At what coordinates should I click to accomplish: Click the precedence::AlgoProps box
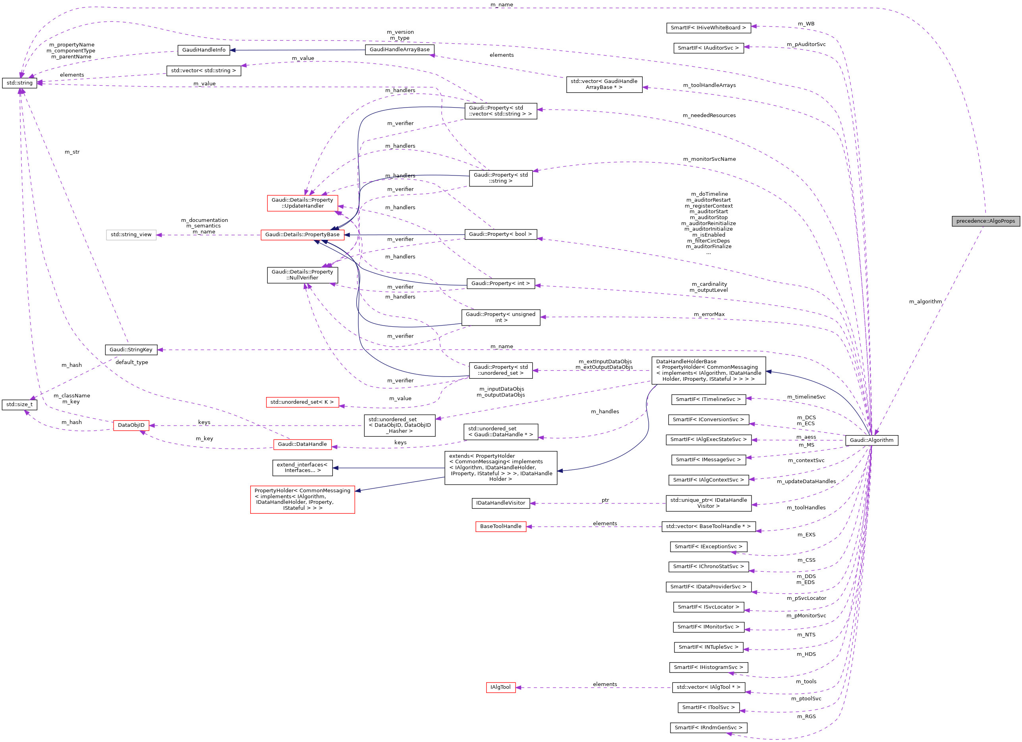click(985, 221)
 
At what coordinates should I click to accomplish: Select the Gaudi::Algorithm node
click(871, 440)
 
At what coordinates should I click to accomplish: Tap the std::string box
click(19, 83)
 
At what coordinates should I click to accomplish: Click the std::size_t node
click(19, 404)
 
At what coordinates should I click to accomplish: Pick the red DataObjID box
click(131, 425)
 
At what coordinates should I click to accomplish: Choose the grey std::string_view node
click(131, 235)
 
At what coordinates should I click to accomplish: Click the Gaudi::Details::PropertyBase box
click(302, 235)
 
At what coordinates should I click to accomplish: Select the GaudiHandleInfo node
click(204, 50)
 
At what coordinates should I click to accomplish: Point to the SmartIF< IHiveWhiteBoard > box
click(708, 27)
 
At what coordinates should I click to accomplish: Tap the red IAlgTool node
click(500, 687)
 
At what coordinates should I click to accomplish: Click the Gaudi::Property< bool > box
click(500, 234)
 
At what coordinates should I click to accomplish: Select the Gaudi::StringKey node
click(131, 350)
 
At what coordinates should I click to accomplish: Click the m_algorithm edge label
click(925, 301)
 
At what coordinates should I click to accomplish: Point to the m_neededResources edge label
click(709, 116)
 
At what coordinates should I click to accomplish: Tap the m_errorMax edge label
click(709, 314)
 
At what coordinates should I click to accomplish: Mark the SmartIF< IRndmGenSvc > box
click(708, 727)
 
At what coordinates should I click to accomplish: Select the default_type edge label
click(131, 362)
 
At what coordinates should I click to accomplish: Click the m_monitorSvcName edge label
click(709, 159)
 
